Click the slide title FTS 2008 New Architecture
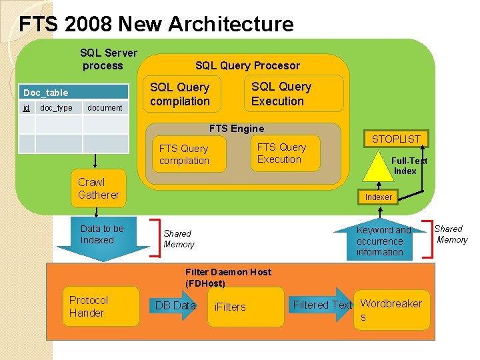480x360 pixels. click(x=156, y=25)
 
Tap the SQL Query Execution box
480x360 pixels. click(x=293, y=93)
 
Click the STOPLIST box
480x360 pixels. click(x=396, y=139)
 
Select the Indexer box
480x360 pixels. click(x=379, y=197)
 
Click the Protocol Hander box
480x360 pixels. click(x=101, y=307)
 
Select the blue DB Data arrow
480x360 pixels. click(x=175, y=305)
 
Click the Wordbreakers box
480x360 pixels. click(x=392, y=309)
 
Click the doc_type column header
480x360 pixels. click(x=56, y=108)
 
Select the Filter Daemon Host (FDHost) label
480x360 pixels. click(x=228, y=277)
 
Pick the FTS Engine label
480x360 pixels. click(x=237, y=129)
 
